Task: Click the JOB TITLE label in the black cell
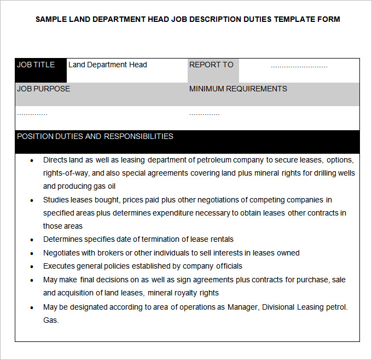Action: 36,65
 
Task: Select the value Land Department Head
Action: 108,65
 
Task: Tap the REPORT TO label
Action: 211,65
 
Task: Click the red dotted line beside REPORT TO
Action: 299,67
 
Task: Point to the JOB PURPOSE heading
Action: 44,89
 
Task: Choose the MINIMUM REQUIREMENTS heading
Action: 238,89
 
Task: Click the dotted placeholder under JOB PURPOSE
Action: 32,114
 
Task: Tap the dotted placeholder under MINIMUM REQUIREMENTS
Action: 205,114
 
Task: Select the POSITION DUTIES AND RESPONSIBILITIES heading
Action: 95,136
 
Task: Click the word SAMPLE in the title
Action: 51,19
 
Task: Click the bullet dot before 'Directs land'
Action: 32,160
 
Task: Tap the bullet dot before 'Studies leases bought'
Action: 32,200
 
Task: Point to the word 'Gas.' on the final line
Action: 51,320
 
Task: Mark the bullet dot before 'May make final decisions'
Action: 32,280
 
